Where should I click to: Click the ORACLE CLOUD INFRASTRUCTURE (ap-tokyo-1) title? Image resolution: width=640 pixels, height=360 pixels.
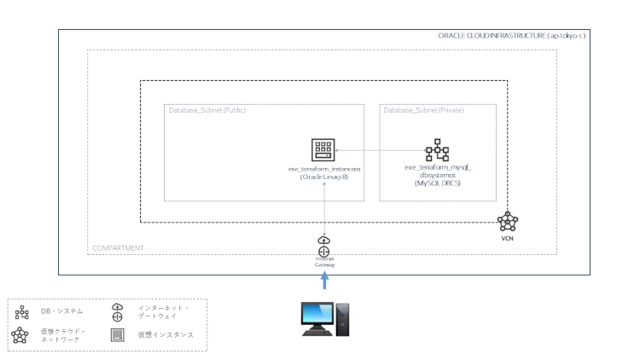click(511, 36)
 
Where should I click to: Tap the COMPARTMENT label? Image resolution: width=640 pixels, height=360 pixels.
click(116, 248)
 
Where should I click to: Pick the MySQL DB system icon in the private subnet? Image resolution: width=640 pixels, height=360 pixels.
click(437, 150)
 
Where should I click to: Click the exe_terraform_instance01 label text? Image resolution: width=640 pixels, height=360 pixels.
click(324, 173)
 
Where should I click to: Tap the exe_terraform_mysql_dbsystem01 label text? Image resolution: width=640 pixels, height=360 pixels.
click(437, 173)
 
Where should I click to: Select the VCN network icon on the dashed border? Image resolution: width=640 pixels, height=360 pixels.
click(508, 222)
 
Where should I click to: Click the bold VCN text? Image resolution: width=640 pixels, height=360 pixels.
click(508, 239)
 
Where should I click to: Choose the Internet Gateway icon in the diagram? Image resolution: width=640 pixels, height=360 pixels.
click(323, 247)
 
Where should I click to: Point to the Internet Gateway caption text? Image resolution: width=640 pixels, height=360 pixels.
click(323, 261)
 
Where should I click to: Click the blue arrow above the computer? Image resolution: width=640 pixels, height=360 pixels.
click(323, 282)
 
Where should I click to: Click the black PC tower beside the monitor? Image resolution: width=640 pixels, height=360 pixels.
click(343, 318)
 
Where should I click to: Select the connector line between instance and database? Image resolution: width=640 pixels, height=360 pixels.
click(380, 150)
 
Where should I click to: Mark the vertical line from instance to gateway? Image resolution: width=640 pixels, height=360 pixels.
click(324, 205)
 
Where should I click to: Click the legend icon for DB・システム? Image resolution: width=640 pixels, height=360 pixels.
click(22, 311)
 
